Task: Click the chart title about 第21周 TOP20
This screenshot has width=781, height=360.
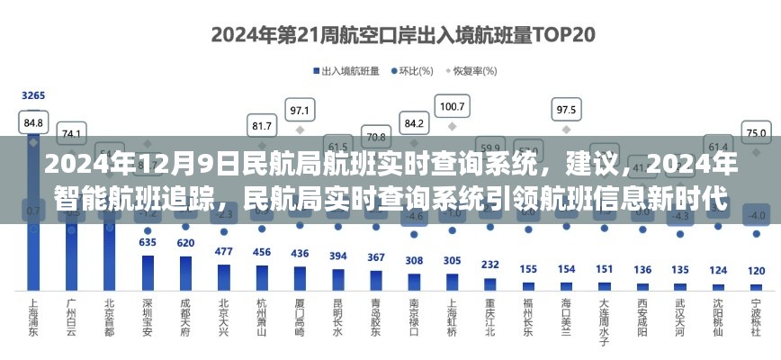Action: [x=390, y=35]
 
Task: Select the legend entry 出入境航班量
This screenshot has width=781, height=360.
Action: [x=346, y=70]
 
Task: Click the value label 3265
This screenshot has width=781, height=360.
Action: [x=33, y=95]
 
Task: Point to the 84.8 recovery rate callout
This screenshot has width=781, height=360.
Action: [x=33, y=121]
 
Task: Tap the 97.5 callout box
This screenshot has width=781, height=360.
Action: [x=566, y=110]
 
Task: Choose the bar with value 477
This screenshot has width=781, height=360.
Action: [x=223, y=276]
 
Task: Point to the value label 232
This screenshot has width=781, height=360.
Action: [x=490, y=265]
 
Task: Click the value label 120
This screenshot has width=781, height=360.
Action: [x=756, y=271]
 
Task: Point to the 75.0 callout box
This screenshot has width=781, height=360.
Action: [x=757, y=132]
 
